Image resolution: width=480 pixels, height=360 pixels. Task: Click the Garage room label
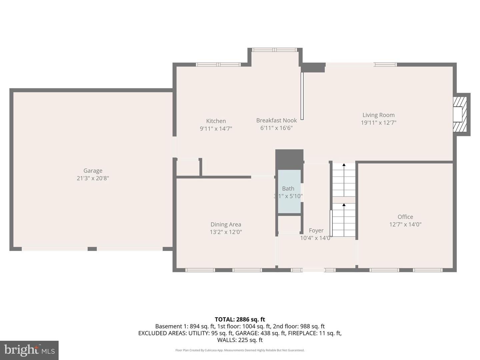93,171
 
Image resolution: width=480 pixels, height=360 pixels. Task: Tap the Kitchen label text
216,121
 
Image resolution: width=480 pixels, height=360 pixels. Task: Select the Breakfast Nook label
276,120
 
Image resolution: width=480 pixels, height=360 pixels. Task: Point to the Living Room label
378,115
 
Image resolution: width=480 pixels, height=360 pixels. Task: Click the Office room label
405,217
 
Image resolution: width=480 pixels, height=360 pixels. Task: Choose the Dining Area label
226,224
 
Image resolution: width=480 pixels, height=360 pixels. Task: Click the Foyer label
316,230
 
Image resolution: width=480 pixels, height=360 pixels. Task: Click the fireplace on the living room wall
460,114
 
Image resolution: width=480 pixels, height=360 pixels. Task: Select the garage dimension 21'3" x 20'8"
93,178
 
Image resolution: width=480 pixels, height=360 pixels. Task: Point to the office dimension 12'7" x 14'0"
405,224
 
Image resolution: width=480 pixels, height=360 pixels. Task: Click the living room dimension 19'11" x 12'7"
378,123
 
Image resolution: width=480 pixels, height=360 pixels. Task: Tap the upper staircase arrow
344,165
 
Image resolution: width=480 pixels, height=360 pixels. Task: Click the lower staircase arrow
344,205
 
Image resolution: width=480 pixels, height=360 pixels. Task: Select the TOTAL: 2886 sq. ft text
240,319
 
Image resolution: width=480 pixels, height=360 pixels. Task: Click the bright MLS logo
29,350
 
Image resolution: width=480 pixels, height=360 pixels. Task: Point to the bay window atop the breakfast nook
274,50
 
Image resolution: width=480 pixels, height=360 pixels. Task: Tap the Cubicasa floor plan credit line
240,350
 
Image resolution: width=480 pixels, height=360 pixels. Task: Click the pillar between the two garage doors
92,249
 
